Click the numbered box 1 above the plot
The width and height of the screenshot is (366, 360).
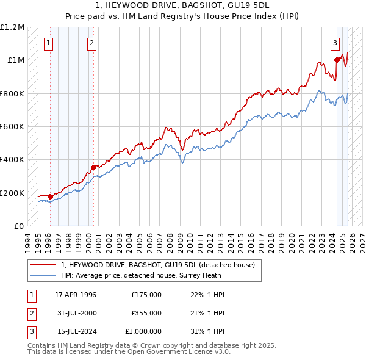[x=48, y=43]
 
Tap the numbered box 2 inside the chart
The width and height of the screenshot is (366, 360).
[x=91, y=43]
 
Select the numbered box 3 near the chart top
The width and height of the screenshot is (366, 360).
[x=335, y=43]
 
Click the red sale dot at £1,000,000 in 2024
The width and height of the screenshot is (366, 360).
[x=337, y=60]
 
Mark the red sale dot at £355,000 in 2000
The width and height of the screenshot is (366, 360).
[x=93, y=167]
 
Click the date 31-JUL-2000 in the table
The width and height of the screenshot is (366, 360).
[x=76, y=313]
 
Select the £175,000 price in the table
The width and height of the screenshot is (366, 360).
[x=146, y=295]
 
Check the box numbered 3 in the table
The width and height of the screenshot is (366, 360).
[x=30, y=331]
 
